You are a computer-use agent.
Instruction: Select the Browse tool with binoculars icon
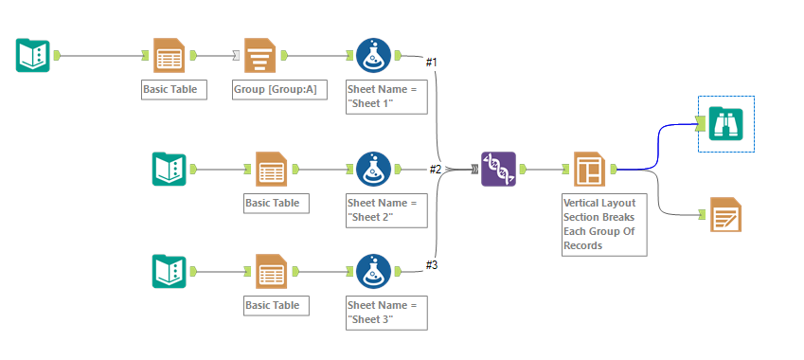coord(725,122)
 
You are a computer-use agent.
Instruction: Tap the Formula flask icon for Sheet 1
coord(374,56)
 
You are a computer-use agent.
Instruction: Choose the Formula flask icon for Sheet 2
coord(374,169)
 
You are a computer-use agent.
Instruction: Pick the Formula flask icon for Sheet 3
coord(374,271)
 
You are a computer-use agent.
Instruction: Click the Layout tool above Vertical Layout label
coord(589,169)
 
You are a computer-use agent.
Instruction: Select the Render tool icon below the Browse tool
coord(725,215)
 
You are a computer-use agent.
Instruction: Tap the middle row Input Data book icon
coord(170,169)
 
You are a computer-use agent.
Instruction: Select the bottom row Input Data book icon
coord(170,271)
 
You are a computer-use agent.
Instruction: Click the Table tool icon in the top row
coord(170,56)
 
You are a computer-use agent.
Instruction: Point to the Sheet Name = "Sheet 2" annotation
coord(385,209)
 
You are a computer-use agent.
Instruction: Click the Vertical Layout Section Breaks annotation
coord(603,224)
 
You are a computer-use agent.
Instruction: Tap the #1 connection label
coord(431,63)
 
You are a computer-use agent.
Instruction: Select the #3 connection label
coord(431,264)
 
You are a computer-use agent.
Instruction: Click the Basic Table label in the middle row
coord(273,203)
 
